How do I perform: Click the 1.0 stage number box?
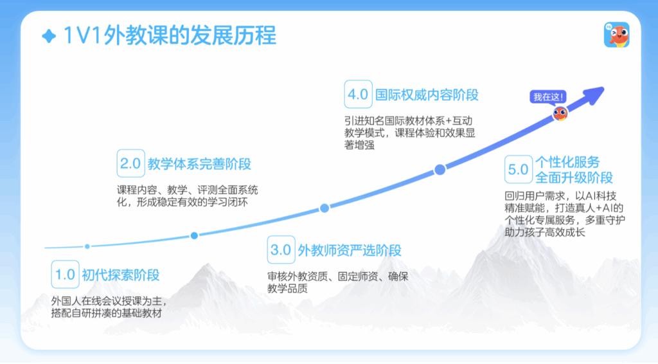coord(65,274)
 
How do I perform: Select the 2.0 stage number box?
coord(130,163)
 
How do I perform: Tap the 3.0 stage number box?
coord(281,250)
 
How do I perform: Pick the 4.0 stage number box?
coord(358,94)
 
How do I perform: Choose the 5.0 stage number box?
coord(519,169)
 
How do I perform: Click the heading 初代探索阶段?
coord(120,275)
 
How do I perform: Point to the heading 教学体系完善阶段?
coord(199,164)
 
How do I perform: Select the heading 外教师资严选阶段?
coord(350,250)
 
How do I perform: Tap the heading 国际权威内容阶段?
coord(427,95)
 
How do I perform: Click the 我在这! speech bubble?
coord(548,97)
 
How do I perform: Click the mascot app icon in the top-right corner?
coord(616,35)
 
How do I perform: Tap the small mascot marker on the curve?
coord(560,113)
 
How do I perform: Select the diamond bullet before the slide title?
coord(49,36)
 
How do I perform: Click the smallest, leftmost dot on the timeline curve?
coord(87,246)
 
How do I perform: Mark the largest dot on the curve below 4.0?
coord(440,170)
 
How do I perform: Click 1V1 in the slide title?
coord(82,35)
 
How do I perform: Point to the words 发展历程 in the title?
coord(233,35)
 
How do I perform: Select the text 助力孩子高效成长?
coord(545,232)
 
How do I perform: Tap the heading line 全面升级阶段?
coord(574,177)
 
